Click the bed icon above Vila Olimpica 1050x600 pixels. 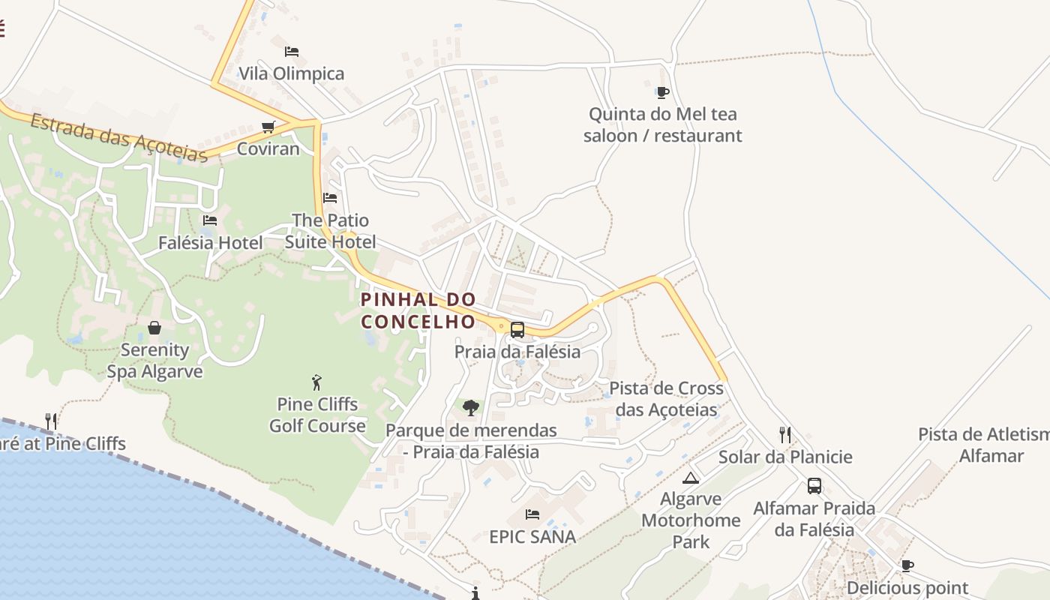tap(292, 52)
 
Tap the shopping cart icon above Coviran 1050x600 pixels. tap(268, 127)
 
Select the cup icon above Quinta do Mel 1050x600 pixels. tap(662, 92)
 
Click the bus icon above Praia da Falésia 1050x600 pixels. tap(517, 329)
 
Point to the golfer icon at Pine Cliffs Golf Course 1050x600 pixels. tap(317, 382)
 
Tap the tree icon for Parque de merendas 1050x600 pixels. tap(471, 408)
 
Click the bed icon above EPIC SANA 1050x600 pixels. tap(532, 514)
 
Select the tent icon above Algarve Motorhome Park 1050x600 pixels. tap(691, 478)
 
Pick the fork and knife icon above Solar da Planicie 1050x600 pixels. tap(785, 435)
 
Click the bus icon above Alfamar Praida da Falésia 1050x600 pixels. tap(814, 486)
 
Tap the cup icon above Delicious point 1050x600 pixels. tap(907, 565)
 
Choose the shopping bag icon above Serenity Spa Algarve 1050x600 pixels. tap(154, 328)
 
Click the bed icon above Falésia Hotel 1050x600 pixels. tap(210, 220)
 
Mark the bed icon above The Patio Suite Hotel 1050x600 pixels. tap(330, 198)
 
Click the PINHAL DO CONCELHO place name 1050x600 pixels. tap(418, 310)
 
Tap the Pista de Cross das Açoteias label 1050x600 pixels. tap(666, 399)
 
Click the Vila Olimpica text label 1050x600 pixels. tap(292, 73)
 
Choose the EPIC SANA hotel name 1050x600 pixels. tap(532, 537)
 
